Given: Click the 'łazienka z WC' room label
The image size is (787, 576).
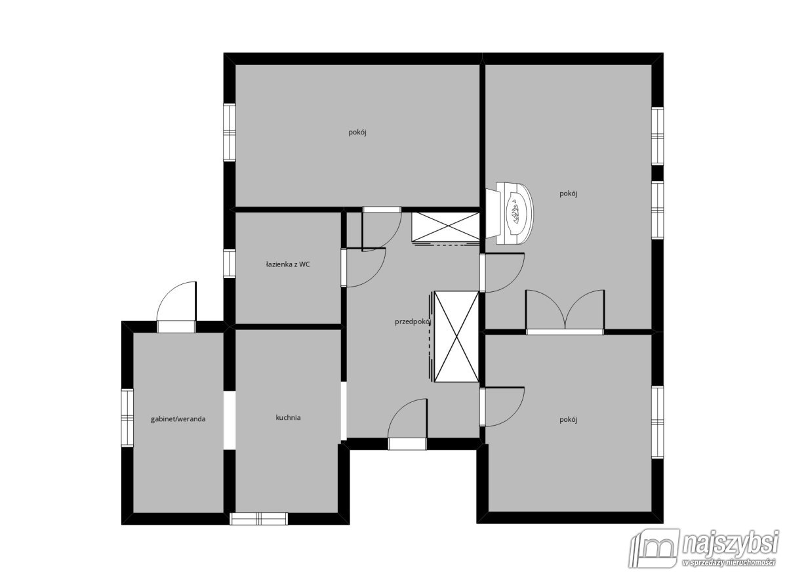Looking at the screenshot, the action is (x=288, y=264).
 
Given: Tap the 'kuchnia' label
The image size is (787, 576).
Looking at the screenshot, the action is (x=288, y=417).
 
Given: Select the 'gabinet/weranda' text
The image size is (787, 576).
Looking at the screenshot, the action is (x=178, y=419).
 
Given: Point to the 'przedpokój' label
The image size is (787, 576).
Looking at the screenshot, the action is (x=413, y=321).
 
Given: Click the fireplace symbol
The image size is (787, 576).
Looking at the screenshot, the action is (x=510, y=213).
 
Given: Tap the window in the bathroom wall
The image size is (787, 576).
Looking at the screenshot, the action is (x=230, y=264).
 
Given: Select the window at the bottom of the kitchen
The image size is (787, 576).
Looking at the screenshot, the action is (x=258, y=519).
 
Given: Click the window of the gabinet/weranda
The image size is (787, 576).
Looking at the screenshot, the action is (x=127, y=418).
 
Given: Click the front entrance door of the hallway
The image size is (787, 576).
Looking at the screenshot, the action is (x=407, y=424).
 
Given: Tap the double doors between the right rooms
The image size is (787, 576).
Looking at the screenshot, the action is (x=565, y=312).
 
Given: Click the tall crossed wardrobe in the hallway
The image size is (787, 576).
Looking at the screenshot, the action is (x=456, y=337).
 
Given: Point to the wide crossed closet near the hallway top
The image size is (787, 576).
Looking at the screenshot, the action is (x=446, y=227).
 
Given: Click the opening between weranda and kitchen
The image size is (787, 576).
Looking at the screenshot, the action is (x=230, y=420).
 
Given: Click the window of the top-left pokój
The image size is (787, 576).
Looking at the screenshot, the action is (x=230, y=133).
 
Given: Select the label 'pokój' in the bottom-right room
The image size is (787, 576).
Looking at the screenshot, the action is (x=568, y=420).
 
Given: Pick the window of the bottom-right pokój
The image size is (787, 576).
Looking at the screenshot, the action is (x=658, y=422).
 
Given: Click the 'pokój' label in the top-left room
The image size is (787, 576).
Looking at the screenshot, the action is (x=357, y=133).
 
